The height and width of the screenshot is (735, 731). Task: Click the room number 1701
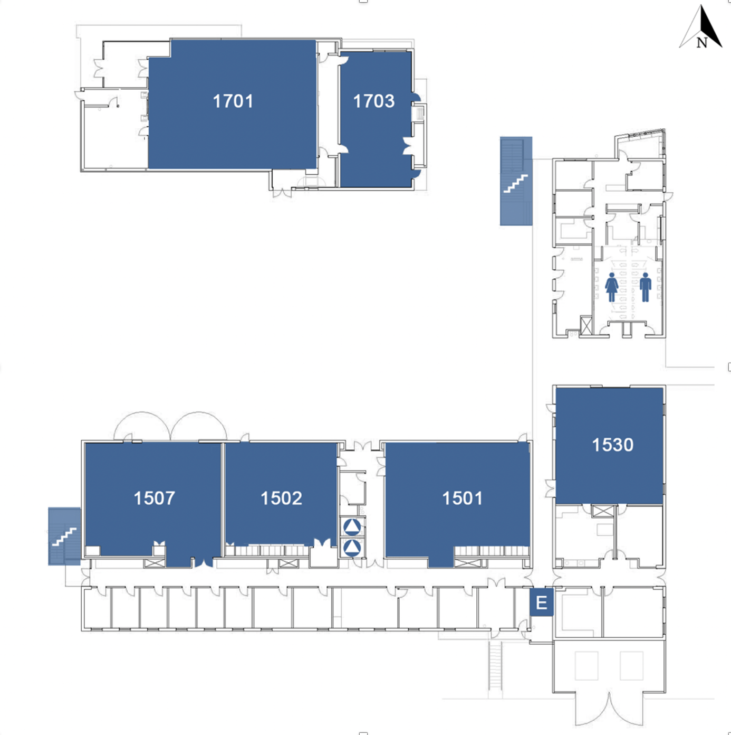coord(233,101)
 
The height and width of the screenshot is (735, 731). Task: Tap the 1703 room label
coord(374,101)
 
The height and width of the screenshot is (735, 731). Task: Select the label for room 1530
coord(612,445)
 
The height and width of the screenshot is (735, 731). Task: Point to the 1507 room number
coord(155,498)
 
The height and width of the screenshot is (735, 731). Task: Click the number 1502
coord(281,498)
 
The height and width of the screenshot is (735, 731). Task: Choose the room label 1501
coord(463,498)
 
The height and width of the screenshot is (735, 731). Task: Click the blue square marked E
coord(542,602)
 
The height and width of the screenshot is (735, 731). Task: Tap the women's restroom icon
coord(612,287)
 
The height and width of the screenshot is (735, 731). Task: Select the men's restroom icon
coord(645,287)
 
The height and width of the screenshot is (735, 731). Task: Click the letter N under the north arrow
coord(701,43)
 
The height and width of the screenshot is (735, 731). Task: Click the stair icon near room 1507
coord(64,536)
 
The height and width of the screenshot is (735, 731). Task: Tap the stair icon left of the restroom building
coord(516,181)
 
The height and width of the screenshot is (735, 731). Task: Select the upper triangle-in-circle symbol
coord(352,527)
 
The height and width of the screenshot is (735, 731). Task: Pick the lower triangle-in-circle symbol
coord(352,548)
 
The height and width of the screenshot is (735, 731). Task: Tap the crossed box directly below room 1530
coord(602,511)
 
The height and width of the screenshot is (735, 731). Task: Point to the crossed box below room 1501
coord(468,563)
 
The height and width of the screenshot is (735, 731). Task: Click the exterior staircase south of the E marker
coord(494,665)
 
